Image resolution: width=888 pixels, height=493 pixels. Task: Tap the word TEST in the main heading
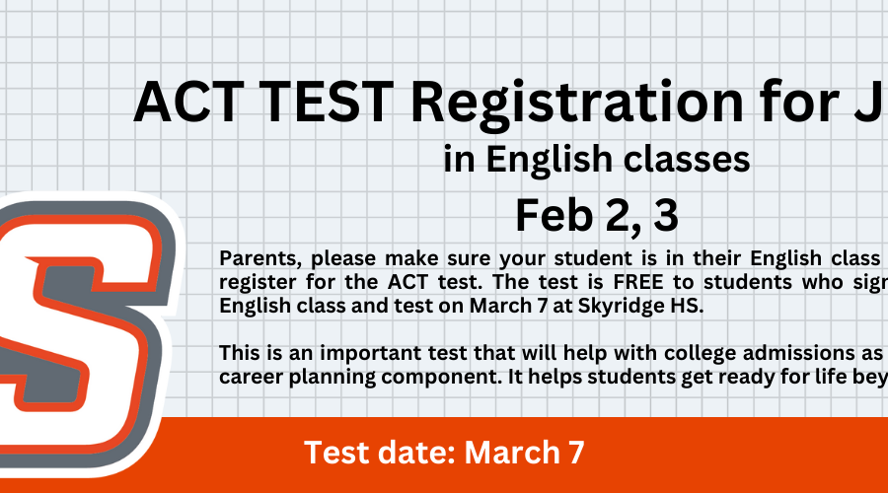point(329,102)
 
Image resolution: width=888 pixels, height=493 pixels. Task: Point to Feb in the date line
point(554,216)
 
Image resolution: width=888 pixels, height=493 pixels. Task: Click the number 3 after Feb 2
point(665,216)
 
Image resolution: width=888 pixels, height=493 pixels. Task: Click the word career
point(251,378)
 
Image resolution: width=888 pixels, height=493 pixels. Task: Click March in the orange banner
point(512,453)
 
